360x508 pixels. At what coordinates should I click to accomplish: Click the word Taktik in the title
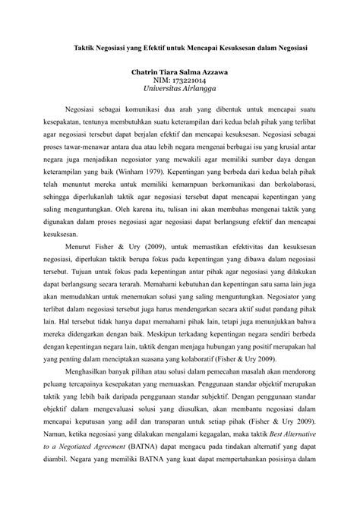[x=74, y=47]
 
